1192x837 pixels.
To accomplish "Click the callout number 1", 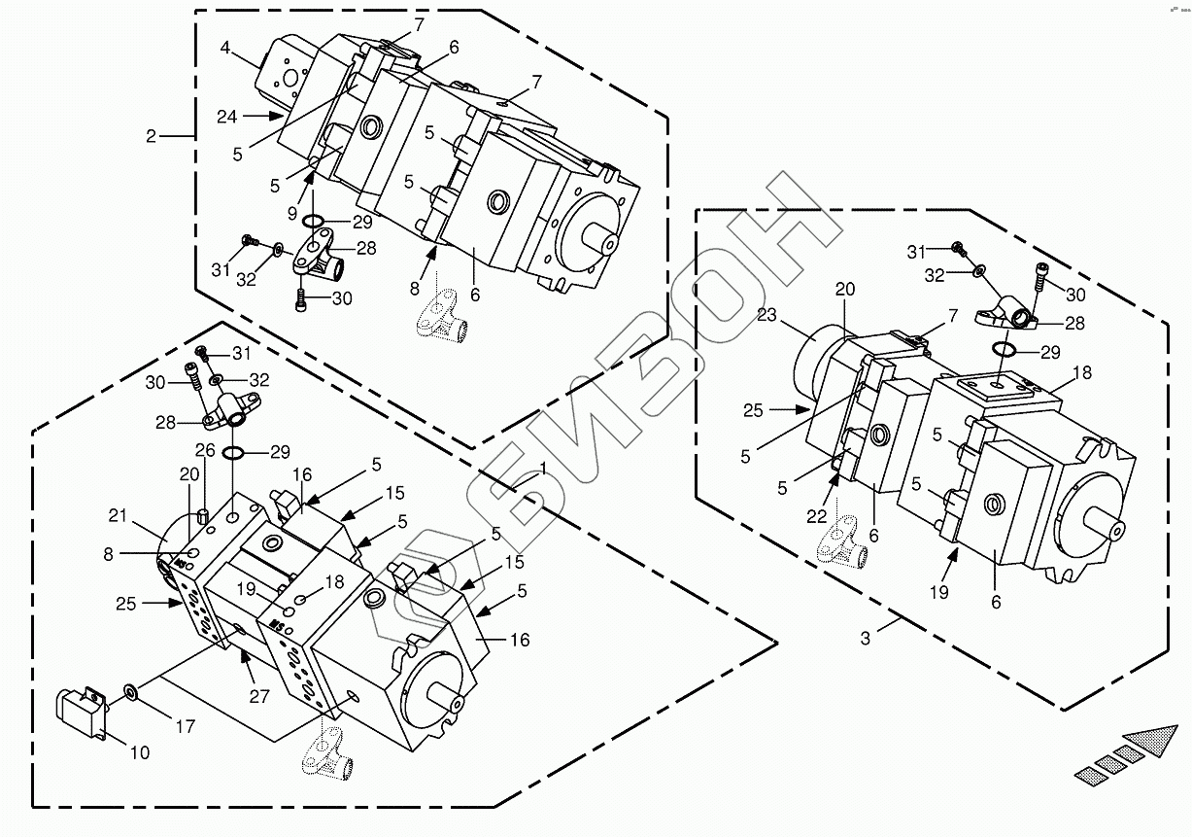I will pyautogui.click(x=542, y=468).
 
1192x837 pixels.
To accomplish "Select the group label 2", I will pyautogui.click(x=151, y=136).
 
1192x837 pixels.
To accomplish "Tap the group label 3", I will pyautogui.click(x=866, y=638).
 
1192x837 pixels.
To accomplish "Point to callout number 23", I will pyautogui.click(x=768, y=314).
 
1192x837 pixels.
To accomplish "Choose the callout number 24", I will pyautogui.click(x=226, y=117).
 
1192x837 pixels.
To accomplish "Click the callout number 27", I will pyautogui.click(x=258, y=695).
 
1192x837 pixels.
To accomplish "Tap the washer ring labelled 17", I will pyautogui.click(x=129, y=692).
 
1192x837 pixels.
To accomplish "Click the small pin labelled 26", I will pyautogui.click(x=203, y=515).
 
